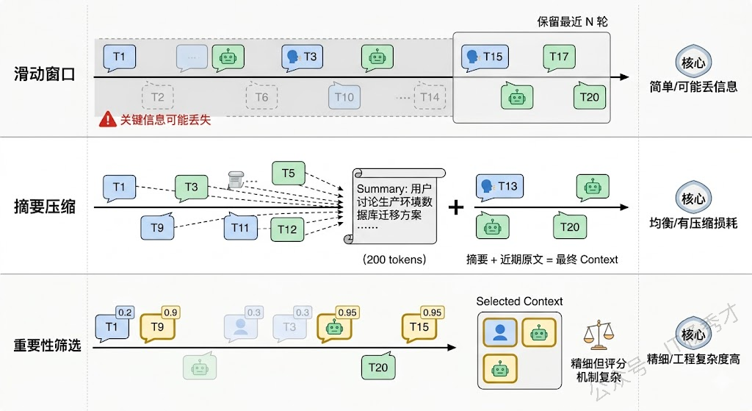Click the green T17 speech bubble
pyautogui.click(x=559, y=57)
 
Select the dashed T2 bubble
pyautogui.click(x=157, y=96)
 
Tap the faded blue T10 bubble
pyautogui.click(x=344, y=96)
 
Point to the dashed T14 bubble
pyautogui.click(x=430, y=96)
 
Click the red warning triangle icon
pyautogui.click(x=107, y=118)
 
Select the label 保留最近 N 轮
pyautogui.click(x=572, y=21)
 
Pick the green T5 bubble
pyautogui.click(x=288, y=174)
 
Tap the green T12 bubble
pyautogui.click(x=287, y=229)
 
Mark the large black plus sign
pyautogui.click(x=456, y=207)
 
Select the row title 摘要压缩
pyautogui.click(x=45, y=208)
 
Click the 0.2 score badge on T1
pyautogui.click(x=125, y=312)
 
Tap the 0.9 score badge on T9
pyautogui.click(x=170, y=312)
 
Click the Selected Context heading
pyautogui.click(x=519, y=301)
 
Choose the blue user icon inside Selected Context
pyautogui.click(x=500, y=332)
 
